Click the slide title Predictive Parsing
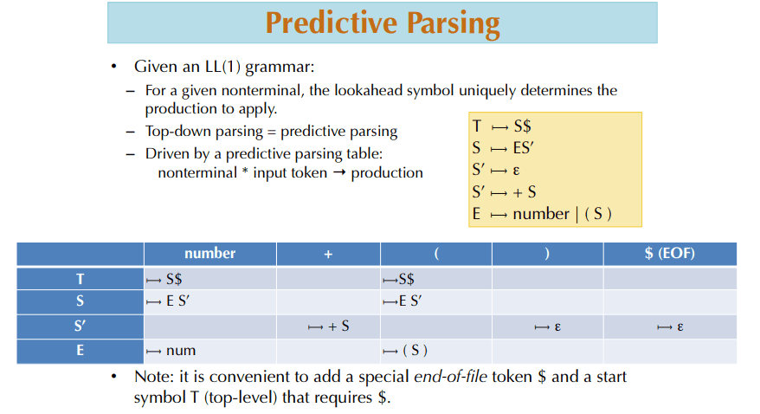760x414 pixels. click(382, 23)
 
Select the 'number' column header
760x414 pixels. click(209, 254)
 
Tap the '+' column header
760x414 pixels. click(328, 254)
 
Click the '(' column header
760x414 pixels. click(437, 254)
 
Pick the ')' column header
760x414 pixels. click(547, 254)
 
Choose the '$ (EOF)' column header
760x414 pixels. click(670, 254)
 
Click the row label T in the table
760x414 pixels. click(80, 279)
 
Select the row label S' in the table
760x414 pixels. click(80, 327)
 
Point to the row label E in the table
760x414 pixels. click(80, 351)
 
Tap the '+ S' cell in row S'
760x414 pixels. click(328, 327)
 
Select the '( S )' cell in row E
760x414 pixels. click(407, 351)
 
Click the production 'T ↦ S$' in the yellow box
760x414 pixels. click(502, 126)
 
